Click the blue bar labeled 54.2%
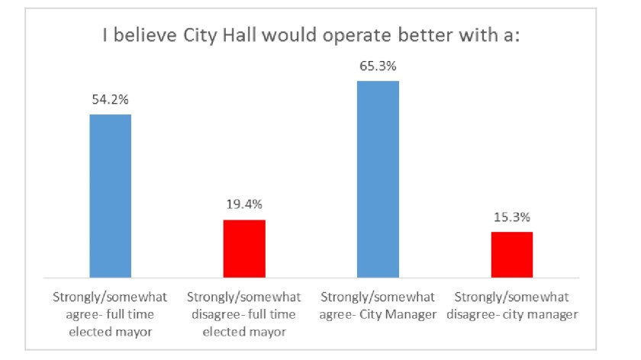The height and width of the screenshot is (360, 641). click(x=111, y=196)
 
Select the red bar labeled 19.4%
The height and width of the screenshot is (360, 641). click(x=244, y=249)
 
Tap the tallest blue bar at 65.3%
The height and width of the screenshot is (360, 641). click(x=378, y=178)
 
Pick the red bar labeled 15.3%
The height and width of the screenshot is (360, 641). click(x=511, y=255)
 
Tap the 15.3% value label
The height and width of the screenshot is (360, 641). click(x=511, y=218)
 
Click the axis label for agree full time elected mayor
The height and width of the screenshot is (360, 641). click(x=111, y=312)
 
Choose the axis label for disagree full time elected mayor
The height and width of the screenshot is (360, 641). click(x=244, y=312)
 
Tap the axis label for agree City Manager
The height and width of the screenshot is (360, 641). click(x=378, y=304)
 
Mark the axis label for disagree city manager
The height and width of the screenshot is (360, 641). click(x=511, y=304)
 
